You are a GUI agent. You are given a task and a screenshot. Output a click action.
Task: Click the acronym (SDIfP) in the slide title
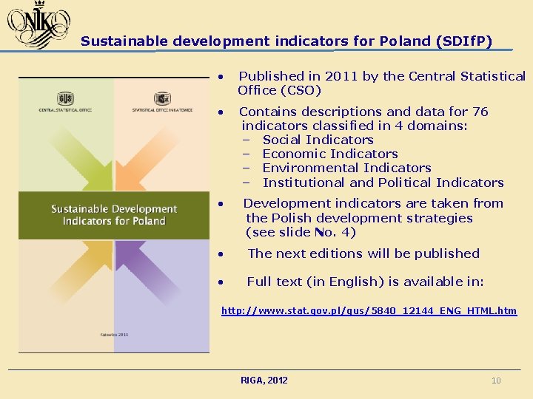464,41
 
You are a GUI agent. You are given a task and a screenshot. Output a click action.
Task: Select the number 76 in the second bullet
480,112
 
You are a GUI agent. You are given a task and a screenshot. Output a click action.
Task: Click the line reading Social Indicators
318,140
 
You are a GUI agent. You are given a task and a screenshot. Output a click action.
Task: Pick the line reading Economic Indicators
330,154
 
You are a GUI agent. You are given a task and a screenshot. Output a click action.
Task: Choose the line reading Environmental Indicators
346,168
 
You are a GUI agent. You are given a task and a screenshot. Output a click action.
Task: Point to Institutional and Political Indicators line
383,183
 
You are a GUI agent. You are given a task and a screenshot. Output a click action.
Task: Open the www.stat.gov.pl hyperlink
369,311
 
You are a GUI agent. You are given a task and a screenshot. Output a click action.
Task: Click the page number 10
496,381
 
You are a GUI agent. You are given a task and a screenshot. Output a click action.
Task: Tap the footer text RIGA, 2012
264,381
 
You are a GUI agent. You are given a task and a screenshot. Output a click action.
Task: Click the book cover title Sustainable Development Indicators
114,215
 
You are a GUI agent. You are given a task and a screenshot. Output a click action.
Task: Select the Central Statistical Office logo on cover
65,100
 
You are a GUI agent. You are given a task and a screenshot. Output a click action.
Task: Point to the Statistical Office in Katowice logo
162,100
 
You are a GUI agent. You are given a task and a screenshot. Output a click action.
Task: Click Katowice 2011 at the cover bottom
113,335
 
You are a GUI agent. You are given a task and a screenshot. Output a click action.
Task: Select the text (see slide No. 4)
301,232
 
